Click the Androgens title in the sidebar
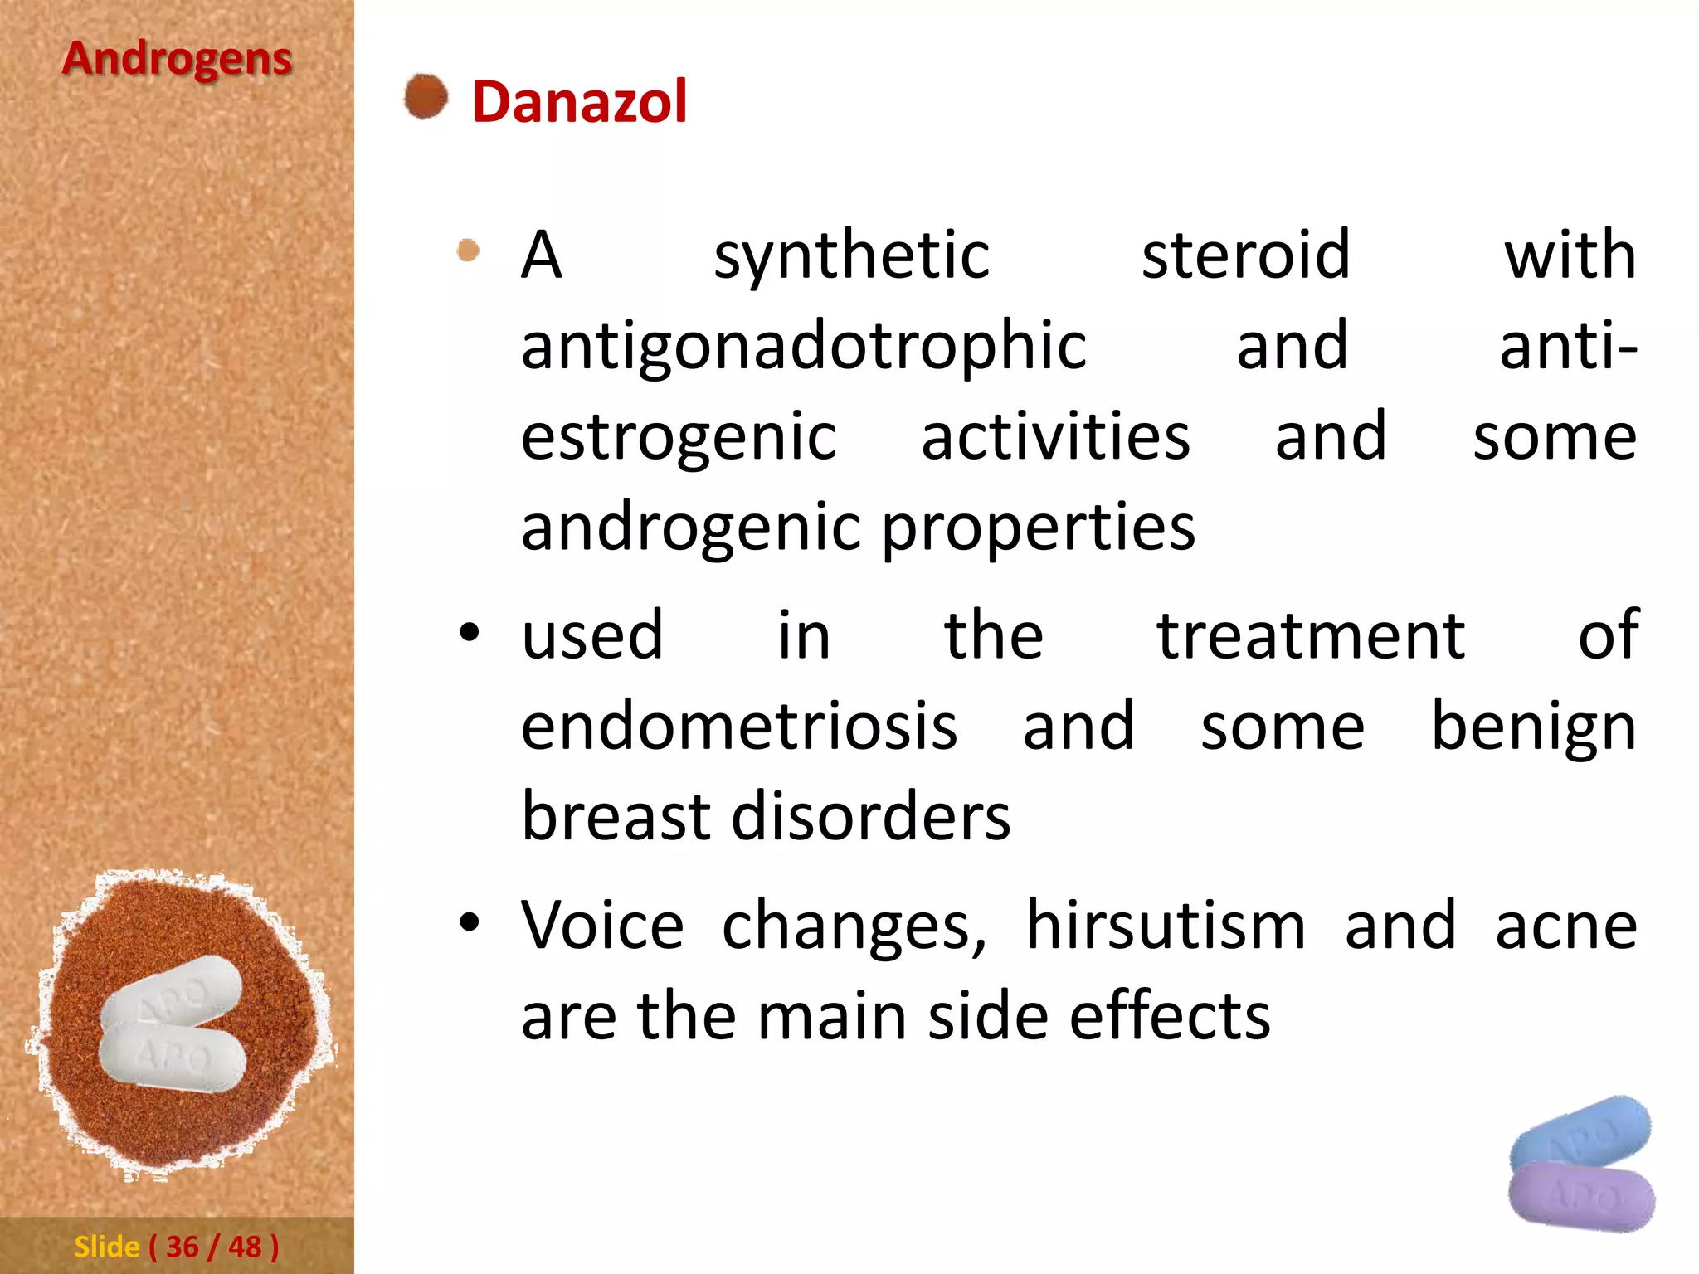pyautogui.click(x=177, y=60)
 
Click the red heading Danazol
pyautogui.click(x=579, y=102)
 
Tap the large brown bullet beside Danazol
pyautogui.click(x=426, y=97)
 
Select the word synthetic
pyautogui.click(x=851, y=255)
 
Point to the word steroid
pyautogui.click(x=1245, y=255)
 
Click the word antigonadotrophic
pyautogui.click(x=803, y=347)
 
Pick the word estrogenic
pyautogui.click(x=679, y=437)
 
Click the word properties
pyautogui.click(x=1038, y=528)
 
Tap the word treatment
pyautogui.click(x=1311, y=636)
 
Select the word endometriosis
pyautogui.click(x=739, y=727)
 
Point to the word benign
pyautogui.click(x=1534, y=727)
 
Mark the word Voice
pyautogui.click(x=602, y=926)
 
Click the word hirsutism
pyautogui.click(x=1166, y=926)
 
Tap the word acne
pyautogui.click(x=1565, y=926)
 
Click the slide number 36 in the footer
pyautogui.click(x=183, y=1247)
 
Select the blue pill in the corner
pyautogui.click(x=1580, y=1132)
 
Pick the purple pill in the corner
pyautogui.click(x=1580, y=1196)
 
